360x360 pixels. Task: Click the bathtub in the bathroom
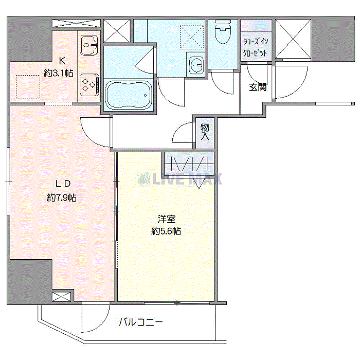pos(129,95)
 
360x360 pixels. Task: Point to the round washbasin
pos(196,66)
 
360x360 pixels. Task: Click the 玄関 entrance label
pos(258,87)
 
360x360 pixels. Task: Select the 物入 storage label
pos(205,132)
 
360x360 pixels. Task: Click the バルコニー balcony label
pos(141,322)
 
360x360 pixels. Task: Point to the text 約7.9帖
pos(62,197)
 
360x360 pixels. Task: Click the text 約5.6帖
pos(166,231)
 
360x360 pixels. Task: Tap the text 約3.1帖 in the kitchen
pos(59,74)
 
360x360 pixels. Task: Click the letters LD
pos(62,184)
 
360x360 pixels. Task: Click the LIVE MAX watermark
pos(179,179)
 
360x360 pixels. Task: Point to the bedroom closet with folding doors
pos(188,165)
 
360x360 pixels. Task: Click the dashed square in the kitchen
pos(28,86)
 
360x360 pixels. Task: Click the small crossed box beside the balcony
pos(60,297)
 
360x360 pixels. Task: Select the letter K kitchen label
pos(61,60)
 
